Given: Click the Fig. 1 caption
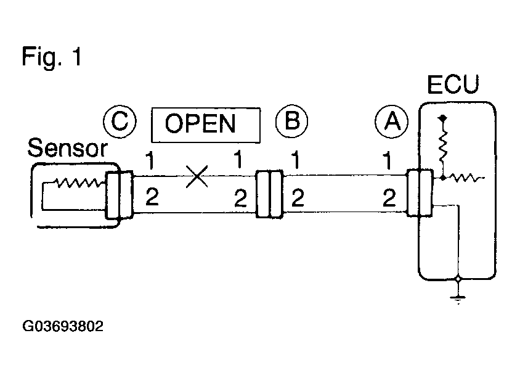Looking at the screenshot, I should tap(52, 57).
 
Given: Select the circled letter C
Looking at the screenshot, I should tap(119, 121).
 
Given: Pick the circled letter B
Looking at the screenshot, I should tap(291, 121).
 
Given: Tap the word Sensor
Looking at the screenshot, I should tap(68, 149).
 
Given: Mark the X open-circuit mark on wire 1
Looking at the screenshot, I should tap(197, 177).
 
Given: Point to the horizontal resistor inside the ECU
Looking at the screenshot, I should tap(466, 178).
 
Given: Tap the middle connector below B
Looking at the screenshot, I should tap(269, 194).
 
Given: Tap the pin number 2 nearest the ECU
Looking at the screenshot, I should tap(389, 199).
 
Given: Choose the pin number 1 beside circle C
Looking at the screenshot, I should tap(150, 161).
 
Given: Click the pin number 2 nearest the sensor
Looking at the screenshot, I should tap(151, 199).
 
